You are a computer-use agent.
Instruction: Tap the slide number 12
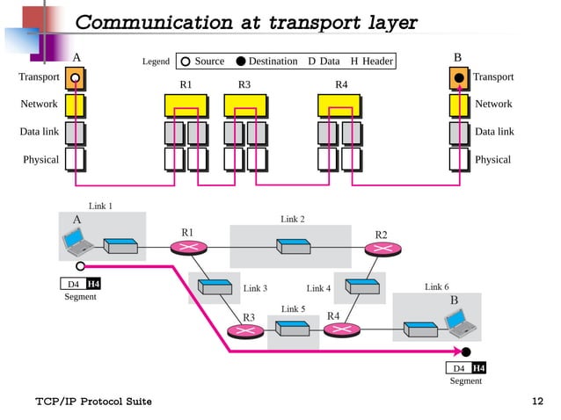538,402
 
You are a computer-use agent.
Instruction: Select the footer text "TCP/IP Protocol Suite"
93,402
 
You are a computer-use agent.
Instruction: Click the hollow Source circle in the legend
186,62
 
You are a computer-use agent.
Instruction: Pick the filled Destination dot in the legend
240,62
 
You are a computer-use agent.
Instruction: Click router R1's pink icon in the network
187,248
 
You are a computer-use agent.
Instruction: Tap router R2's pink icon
381,249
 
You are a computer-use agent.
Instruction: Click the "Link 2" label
293,218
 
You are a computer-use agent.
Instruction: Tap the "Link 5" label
293,309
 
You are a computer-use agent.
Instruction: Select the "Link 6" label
437,287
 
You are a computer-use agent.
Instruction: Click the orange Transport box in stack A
76,78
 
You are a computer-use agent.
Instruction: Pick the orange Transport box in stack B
459,78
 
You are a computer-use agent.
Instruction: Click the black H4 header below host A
93,284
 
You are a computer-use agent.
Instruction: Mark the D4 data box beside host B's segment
458,368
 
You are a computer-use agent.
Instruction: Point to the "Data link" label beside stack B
494,132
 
